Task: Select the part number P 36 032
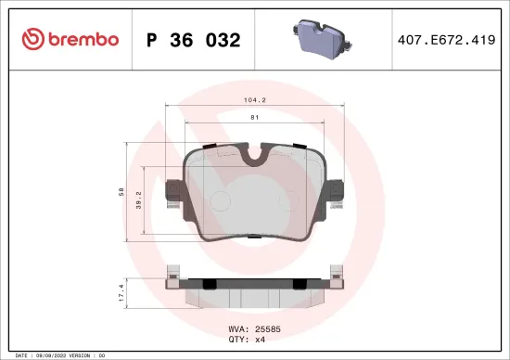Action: pyautogui.click(x=193, y=40)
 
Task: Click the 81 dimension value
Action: pyautogui.click(x=254, y=117)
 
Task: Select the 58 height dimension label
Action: pyautogui.click(x=121, y=191)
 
